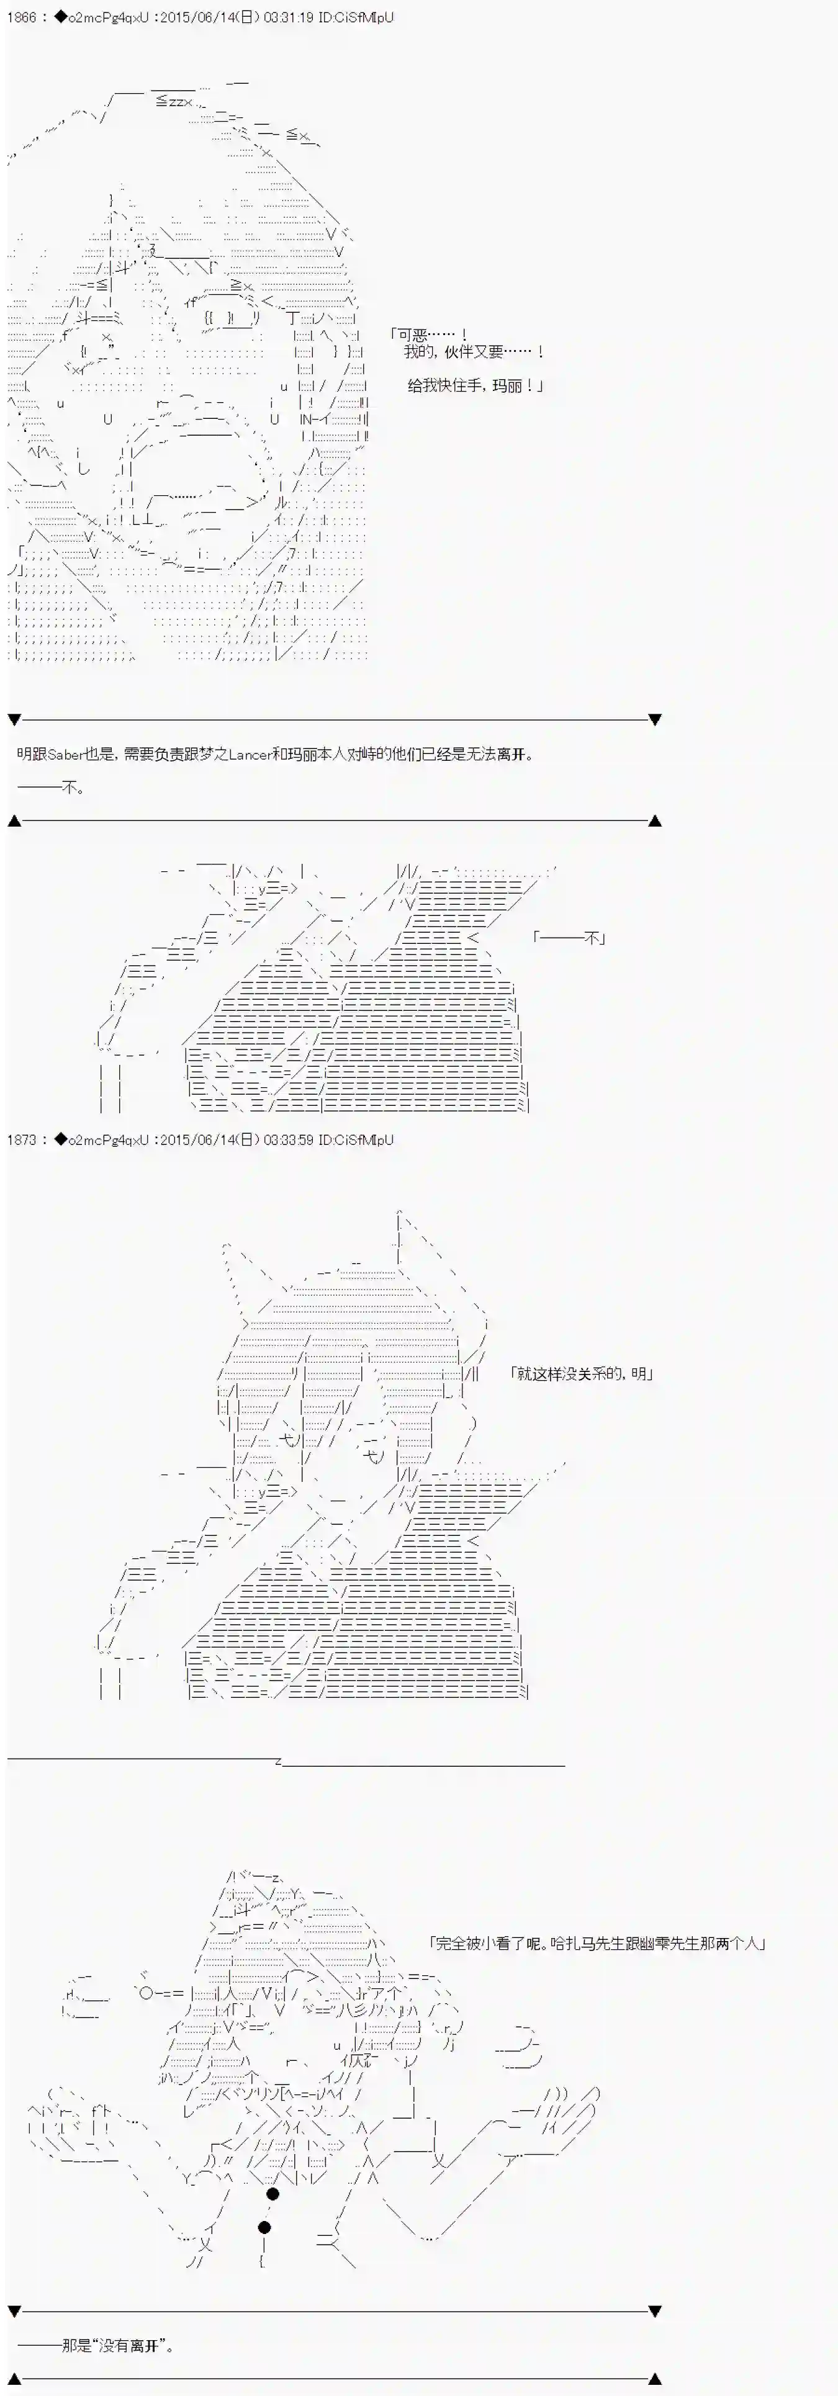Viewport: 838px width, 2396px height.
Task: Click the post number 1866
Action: (21, 17)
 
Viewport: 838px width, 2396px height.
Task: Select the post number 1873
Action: (21, 1139)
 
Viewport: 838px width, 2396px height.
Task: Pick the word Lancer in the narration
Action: (250, 755)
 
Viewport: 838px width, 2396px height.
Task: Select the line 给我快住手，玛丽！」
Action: (475, 385)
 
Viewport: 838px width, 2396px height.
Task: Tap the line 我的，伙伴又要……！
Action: (474, 352)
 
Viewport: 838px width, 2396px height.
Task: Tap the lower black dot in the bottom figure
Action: (264, 2227)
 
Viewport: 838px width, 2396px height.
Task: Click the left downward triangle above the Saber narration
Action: (14, 720)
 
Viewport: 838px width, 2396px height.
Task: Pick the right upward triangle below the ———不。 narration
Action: (655, 820)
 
